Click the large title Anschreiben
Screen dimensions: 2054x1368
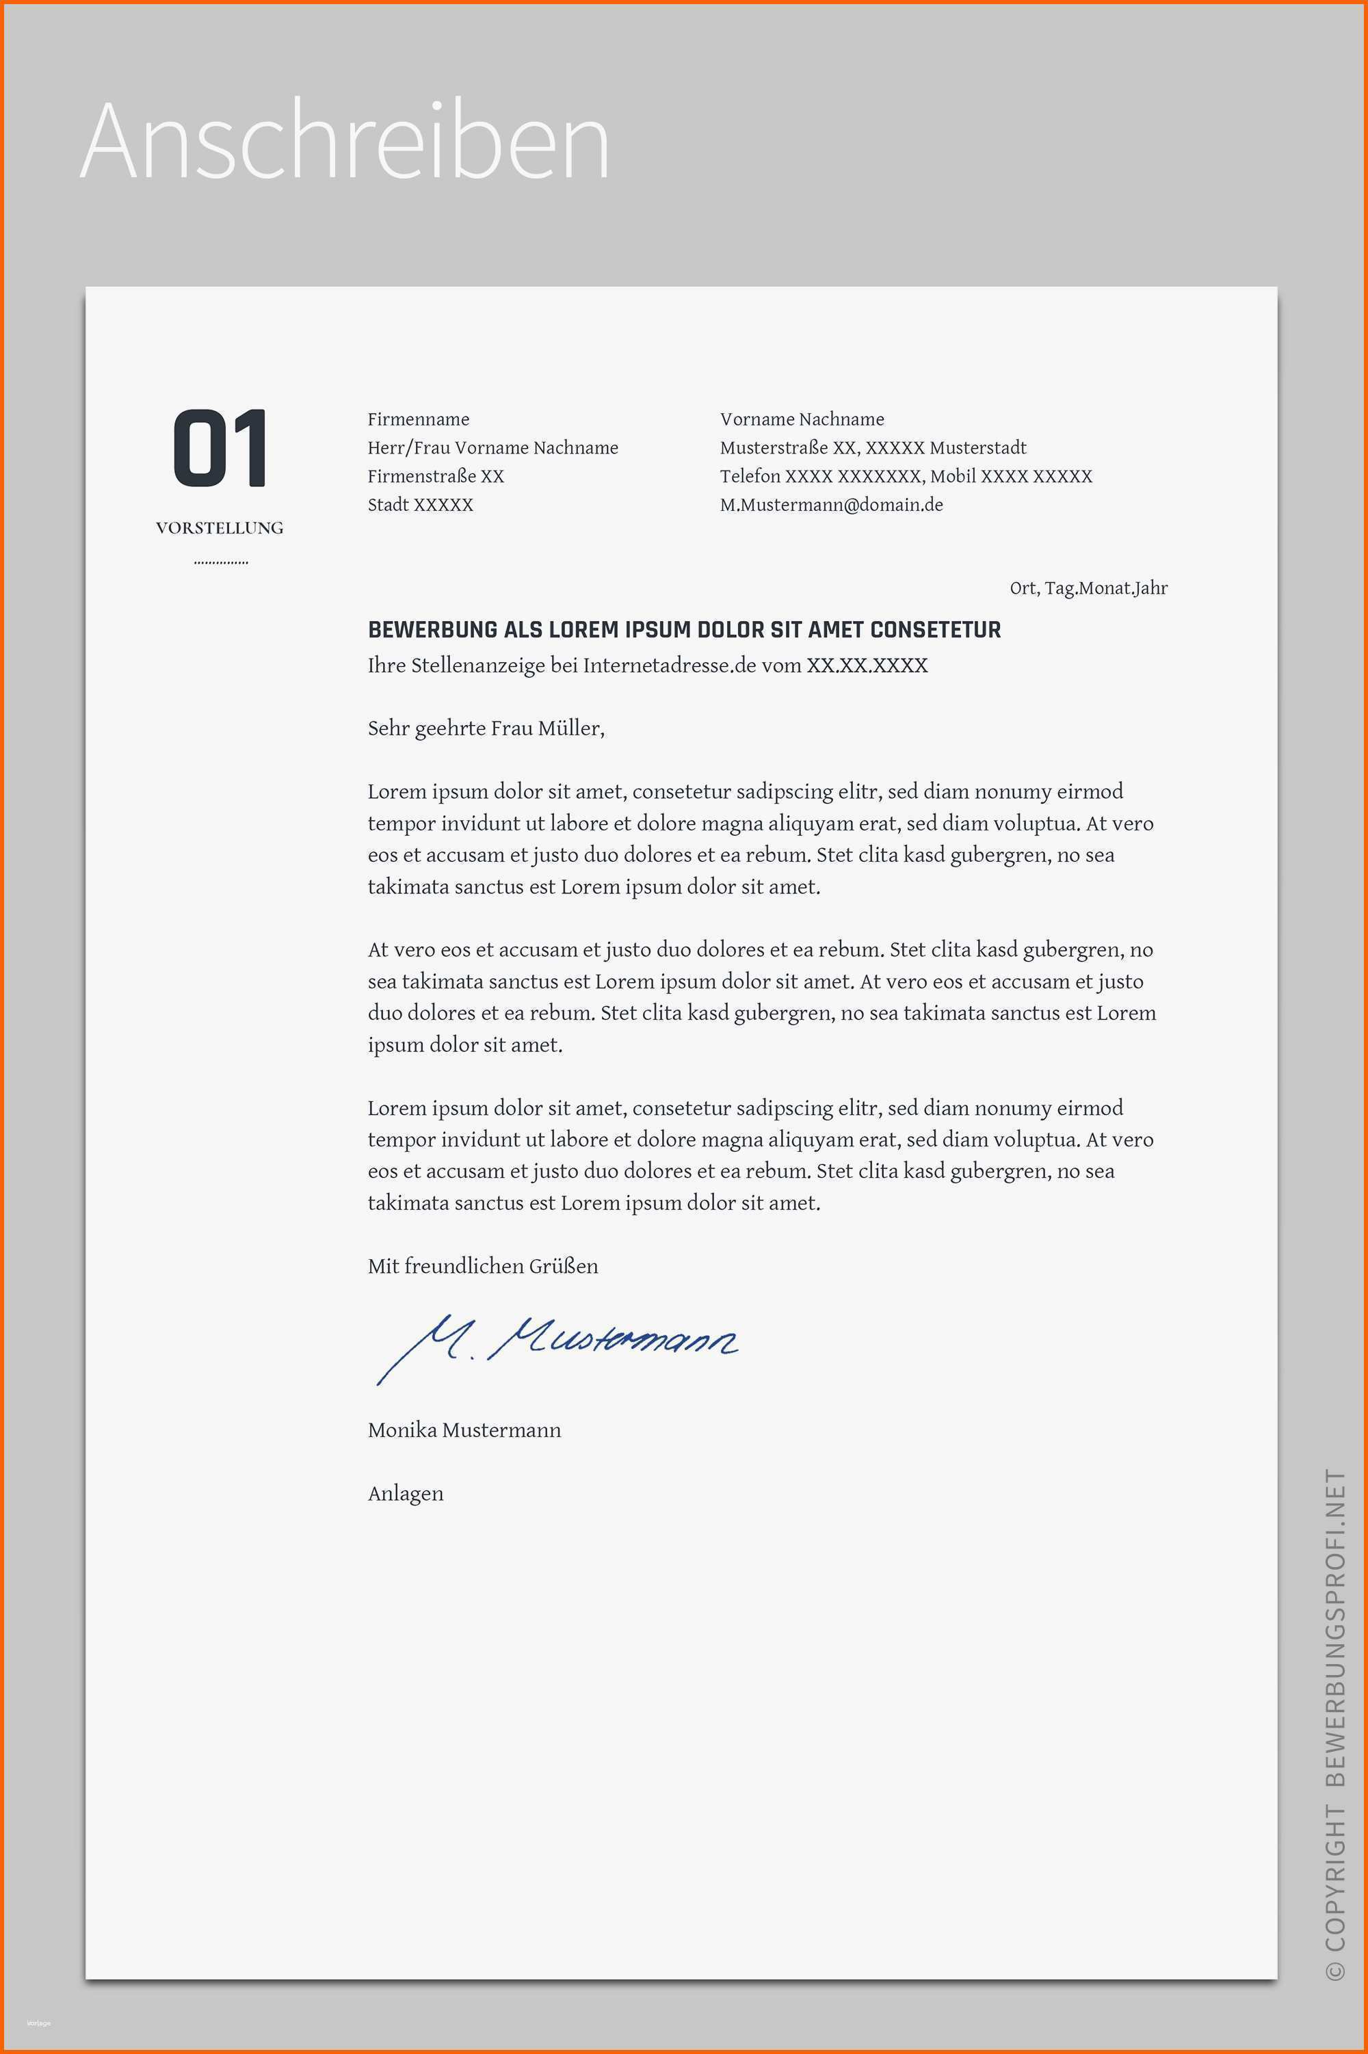(x=344, y=142)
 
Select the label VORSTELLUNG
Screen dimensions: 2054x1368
(x=220, y=527)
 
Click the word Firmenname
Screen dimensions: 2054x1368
(x=418, y=419)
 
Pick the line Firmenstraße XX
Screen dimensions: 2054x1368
(x=435, y=476)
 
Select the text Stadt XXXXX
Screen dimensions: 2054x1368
(x=420, y=505)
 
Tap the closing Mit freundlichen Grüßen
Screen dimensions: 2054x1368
(x=482, y=1267)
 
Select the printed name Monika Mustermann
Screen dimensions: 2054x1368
(x=464, y=1430)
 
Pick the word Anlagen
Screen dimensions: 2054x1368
(x=406, y=1494)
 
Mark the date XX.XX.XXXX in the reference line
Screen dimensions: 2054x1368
(x=867, y=666)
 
